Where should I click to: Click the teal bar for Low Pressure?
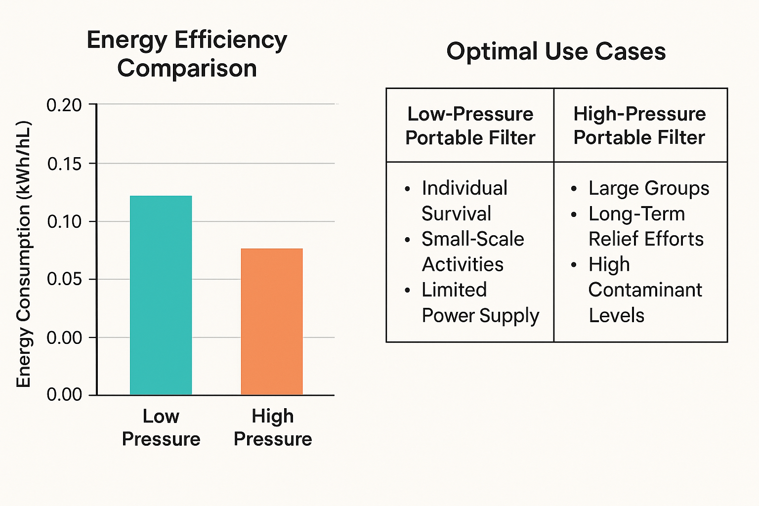click(161, 295)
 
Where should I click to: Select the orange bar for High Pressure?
click(272, 321)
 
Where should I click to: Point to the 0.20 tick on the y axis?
click(64, 105)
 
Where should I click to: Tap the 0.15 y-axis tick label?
click(64, 164)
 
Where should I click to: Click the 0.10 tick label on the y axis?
click(64, 221)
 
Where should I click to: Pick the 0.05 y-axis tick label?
click(64, 279)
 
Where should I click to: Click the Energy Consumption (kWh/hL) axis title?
click(24, 254)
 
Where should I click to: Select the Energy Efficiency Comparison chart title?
click(187, 54)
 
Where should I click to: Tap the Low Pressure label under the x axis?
click(161, 427)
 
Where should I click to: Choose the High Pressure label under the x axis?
click(273, 427)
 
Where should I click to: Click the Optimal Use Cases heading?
click(556, 51)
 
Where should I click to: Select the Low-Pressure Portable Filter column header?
click(470, 126)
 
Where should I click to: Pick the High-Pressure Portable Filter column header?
click(639, 126)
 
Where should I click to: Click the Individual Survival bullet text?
click(464, 201)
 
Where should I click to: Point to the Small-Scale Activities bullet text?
click(472, 252)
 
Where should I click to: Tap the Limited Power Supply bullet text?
click(479, 302)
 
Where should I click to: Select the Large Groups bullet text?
click(648, 188)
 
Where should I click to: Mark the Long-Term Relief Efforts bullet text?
click(645, 226)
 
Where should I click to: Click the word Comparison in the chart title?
click(187, 68)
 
